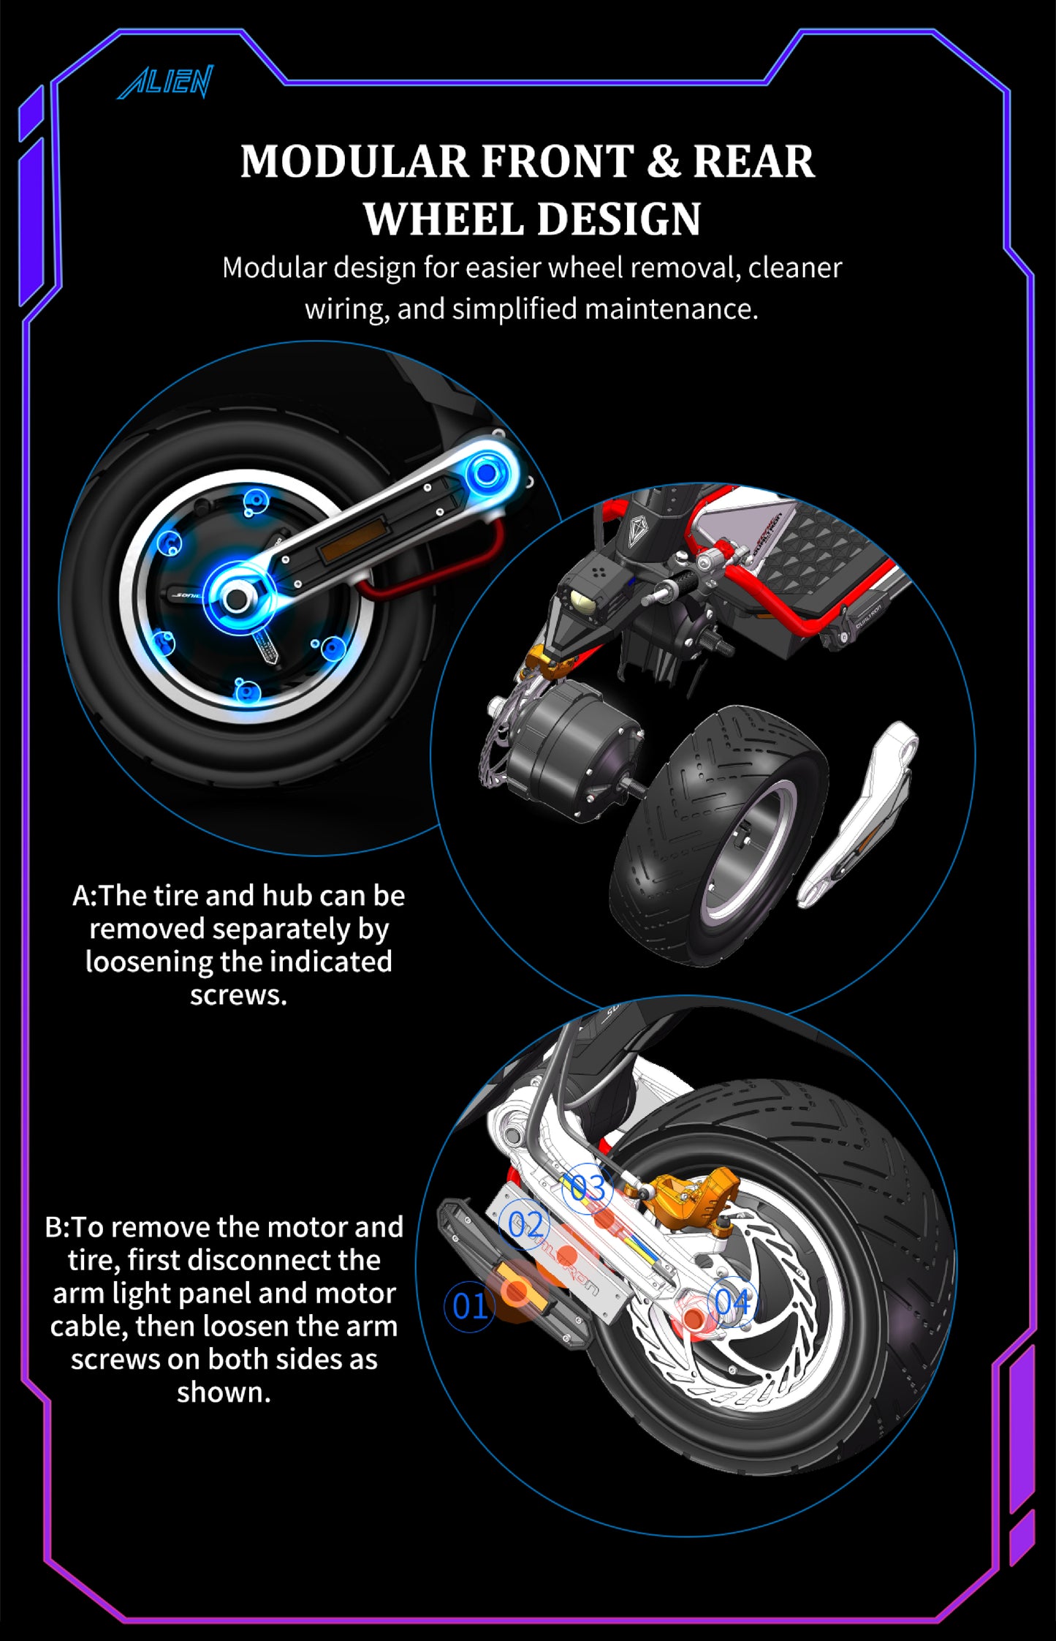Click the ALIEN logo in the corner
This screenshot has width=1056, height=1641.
click(165, 81)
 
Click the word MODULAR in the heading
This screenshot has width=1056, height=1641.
click(354, 162)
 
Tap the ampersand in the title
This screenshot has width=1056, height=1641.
click(663, 162)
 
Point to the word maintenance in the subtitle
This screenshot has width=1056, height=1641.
click(669, 309)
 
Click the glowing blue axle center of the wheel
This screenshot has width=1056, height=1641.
click(235, 599)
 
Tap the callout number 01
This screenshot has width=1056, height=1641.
click(469, 1307)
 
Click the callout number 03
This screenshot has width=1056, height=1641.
click(588, 1188)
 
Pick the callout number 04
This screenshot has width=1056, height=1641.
click(732, 1302)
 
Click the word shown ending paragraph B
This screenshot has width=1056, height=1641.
click(224, 1392)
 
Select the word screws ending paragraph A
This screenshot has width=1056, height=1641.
click(238, 995)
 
